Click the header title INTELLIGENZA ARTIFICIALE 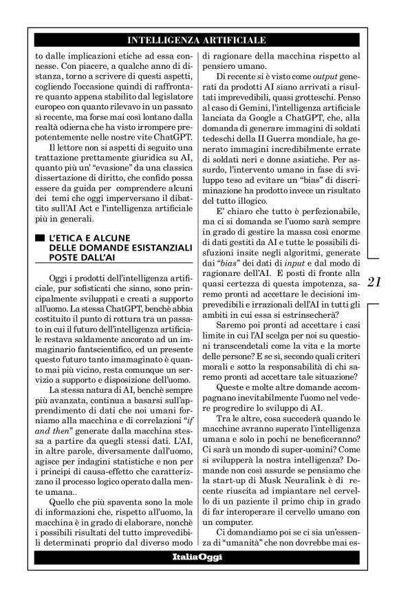pos(197,41)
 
